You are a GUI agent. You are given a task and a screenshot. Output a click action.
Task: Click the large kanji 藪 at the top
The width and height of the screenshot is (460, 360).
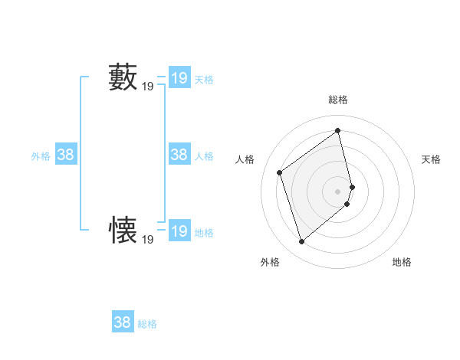(x=123, y=78)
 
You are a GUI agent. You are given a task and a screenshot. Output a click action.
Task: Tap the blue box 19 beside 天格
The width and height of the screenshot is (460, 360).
(x=179, y=77)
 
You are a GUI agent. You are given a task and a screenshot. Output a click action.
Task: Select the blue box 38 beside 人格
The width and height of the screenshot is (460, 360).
(x=179, y=155)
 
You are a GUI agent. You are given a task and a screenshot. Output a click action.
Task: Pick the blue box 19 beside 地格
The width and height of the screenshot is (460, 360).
(x=179, y=231)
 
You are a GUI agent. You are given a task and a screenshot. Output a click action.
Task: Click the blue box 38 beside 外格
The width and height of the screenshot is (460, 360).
(x=66, y=155)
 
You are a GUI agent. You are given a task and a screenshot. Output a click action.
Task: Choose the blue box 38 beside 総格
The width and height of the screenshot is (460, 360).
(x=123, y=322)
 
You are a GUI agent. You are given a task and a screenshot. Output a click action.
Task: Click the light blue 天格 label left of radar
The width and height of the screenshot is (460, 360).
(x=204, y=79)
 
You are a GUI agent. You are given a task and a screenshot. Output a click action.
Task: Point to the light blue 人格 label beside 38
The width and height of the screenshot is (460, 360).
(x=204, y=156)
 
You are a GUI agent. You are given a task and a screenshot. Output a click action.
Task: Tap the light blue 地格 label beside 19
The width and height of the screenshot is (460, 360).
(x=204, y=232)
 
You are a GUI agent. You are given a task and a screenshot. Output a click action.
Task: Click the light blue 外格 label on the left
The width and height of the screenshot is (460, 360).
(x=41, y=156)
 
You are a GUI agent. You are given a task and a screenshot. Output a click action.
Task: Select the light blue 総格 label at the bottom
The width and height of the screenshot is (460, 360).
(x=147, y=324)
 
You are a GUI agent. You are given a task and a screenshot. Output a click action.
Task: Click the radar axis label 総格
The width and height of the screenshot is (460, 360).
(x=338, y=100)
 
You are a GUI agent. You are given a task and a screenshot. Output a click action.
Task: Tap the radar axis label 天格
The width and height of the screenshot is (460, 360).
(x=431, y=159)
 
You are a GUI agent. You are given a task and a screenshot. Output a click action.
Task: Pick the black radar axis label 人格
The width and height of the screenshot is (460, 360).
(x=245, y=159)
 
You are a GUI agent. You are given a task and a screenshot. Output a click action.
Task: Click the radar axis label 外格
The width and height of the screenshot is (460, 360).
(x=270, y=263)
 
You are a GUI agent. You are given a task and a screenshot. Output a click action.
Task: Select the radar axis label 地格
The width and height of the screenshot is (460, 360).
(x=402, y=263)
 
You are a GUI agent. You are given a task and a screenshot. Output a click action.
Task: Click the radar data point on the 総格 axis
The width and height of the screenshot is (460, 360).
(x=338, y=131)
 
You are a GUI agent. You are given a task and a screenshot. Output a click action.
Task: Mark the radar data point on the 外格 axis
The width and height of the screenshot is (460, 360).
(x=301, y=242)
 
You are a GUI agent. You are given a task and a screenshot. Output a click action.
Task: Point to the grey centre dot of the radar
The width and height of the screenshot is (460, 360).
(x=338, y=191)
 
